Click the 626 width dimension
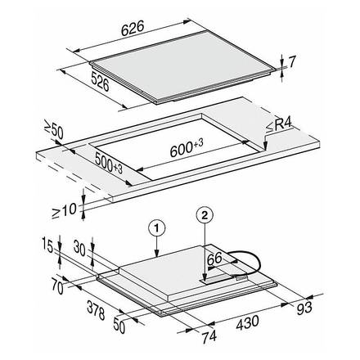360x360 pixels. pyautogui.click(x=133, y=29)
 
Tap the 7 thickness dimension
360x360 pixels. pyautogui.click(x=291, y=62)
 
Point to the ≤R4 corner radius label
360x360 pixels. pyautogui.click(x=278, y=127)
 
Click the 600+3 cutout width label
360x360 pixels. pyautogui.click(x=187, y=147)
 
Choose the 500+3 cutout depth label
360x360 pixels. pyautogui.click(x=109, y=163)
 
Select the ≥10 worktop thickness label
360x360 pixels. pyautogui.click(x=65, y=211)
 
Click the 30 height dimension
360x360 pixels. pyautogui.click(x=80, y=248)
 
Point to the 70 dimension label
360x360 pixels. pyautogui.click(x=57, y=287)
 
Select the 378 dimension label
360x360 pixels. pyautogui.click(x=96, y=310)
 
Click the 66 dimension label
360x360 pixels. pyautogui.click(x=214, y=259)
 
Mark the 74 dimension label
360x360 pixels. pyautogui.click(x=209, y=336)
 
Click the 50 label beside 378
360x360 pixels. pyautogui.click(x=119, y=326)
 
